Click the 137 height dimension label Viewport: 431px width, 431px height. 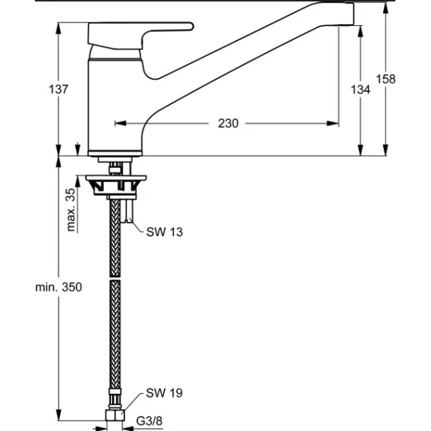point(58,90)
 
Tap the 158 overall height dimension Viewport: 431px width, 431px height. point(385,79)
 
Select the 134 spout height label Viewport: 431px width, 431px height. point(360,90)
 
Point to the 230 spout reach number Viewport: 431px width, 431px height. point(228,124)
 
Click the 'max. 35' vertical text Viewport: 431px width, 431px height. point(71,209)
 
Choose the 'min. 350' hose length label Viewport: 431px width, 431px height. point(58,287)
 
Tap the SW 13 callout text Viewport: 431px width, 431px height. point(165,232)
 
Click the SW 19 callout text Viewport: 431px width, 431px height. point(164,393)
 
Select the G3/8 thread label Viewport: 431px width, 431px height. point(149,421)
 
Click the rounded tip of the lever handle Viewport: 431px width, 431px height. point(191,27)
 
